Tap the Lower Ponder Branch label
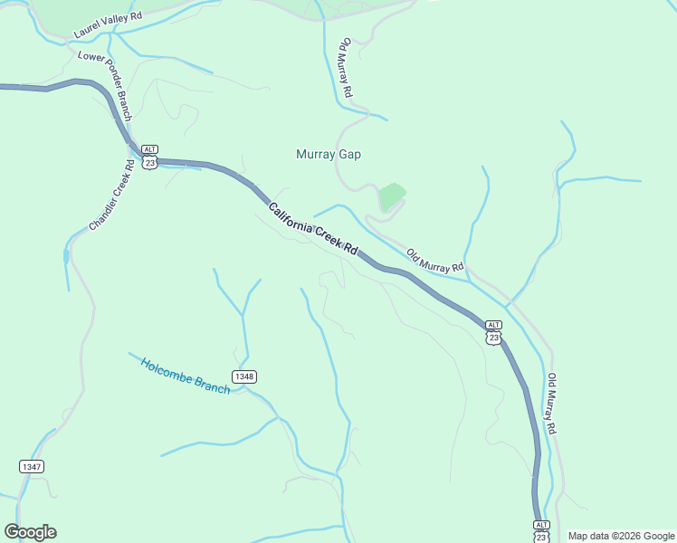(x=105, y=85)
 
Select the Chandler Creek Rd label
(x=112, y=194)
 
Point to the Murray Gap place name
(x=329, y=155)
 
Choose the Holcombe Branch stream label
(x=186, y=376)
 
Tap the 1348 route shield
(x=243, y=376)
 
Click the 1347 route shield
(x=31, y=466)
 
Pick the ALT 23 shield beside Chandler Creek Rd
(x=150, y=157)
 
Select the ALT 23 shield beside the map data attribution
(x=541, y=531)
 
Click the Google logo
(x=30, y=532)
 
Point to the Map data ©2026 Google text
(x=621, y=536)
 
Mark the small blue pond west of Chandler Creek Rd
(x=65, y=256)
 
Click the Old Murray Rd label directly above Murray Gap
(x=346, y=68)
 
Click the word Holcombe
(x=168, y=369)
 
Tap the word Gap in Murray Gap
(x=350, y=155)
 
